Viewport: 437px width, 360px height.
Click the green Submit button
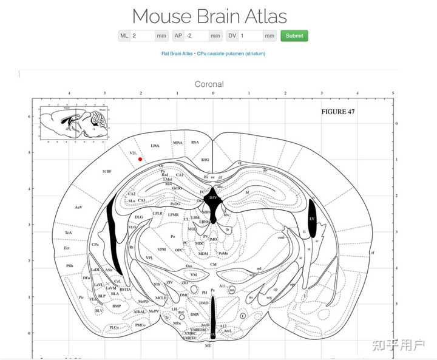pyautogui.click(x=294, y=36)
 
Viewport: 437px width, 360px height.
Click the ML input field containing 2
pyautogui.click(x=143, y=36)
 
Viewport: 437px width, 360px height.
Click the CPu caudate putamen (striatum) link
pyautogui.click(x=231, y=53)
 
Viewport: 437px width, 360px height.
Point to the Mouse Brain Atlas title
pyautogui.click(x=209, y=16)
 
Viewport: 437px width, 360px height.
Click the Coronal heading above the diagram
pyautogui.click(x=209, y=84)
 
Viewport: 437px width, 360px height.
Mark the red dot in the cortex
pyautogui.click(x=140, y=159)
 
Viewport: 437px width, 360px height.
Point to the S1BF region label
pyautogui.click(x=107, y=172)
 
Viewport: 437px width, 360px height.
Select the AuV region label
pyautogui.click(x=78, y=208)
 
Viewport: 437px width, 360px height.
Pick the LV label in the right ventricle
pyautogui.click(x=312, y=218)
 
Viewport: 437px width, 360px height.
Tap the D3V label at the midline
pyautogui.click(x=212, y=198)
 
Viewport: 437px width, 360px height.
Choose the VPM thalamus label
pyautogui.click(x=161, y=249)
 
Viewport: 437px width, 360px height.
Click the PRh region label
pyautogui.click(x=70, y=265)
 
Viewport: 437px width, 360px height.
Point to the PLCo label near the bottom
pyautogui.click(x=114, y=327)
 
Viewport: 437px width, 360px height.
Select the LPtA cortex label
pyautogui.click(x=155, y=146)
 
